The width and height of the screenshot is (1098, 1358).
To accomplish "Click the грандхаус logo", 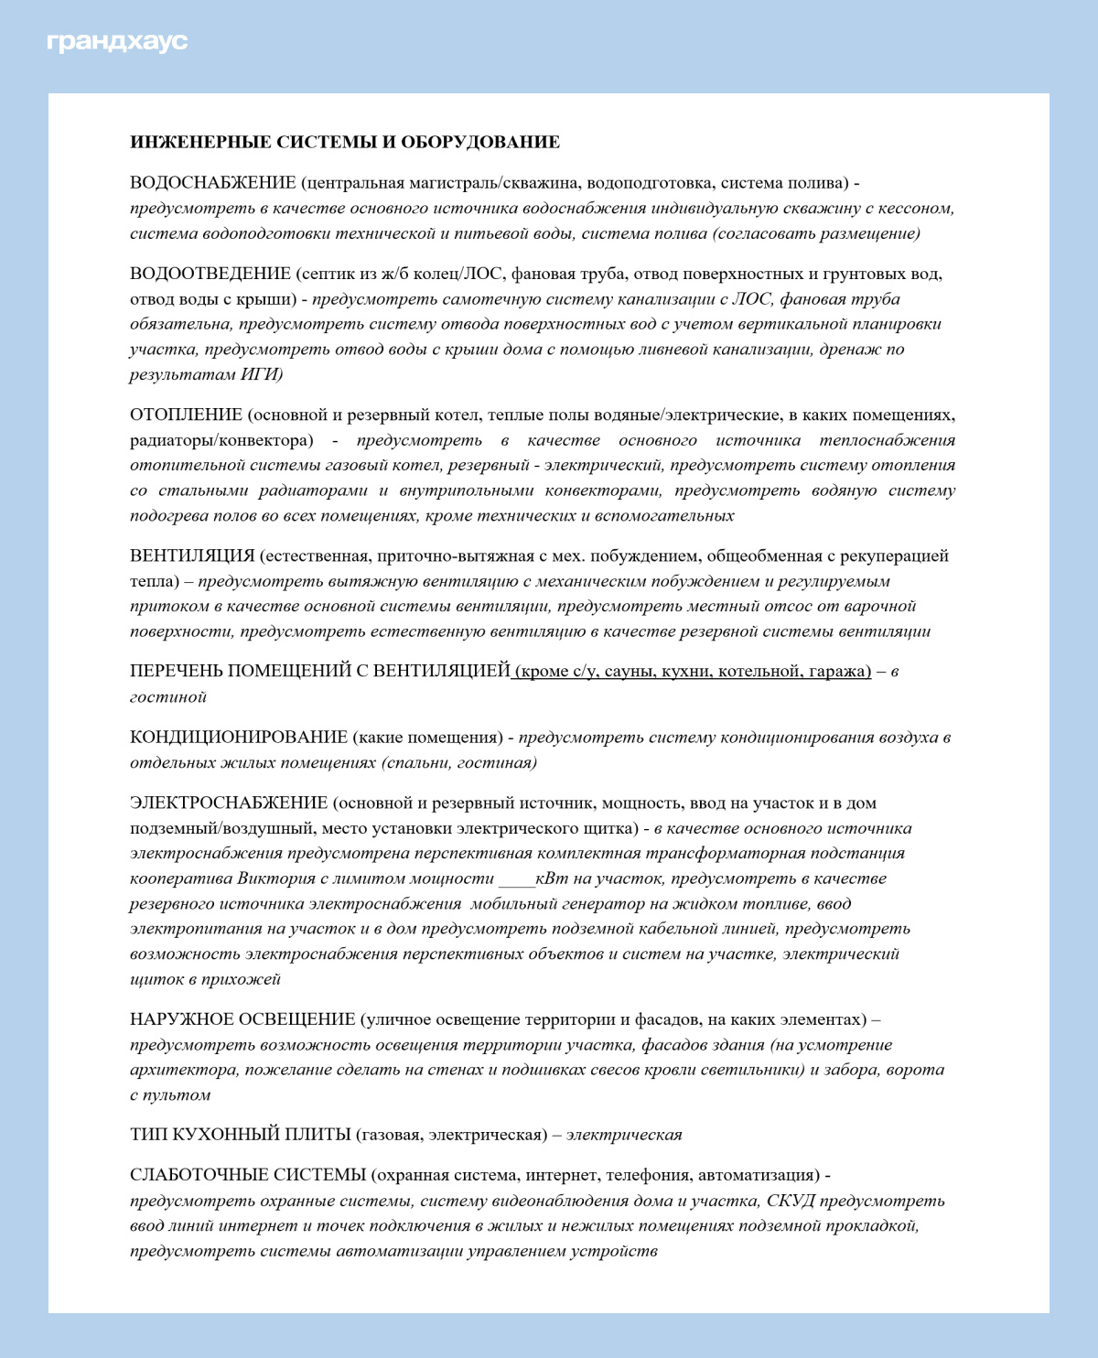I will pos(117,42).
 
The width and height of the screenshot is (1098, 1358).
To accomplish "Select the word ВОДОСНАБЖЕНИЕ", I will pos(213,183).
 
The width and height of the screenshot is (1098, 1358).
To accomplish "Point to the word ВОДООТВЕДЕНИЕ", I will pos(210,274).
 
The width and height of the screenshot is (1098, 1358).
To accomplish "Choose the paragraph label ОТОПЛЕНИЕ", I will pos(186,415).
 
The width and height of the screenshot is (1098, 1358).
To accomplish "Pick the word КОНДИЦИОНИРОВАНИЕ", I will pos(239,738).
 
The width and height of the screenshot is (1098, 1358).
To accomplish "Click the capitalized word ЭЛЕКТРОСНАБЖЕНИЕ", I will pos(229,803).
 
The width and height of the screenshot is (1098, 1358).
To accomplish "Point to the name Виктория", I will pos(275,879).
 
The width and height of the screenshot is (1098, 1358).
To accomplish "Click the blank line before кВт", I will pos(516,879).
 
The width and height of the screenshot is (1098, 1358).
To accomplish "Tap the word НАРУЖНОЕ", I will pos(181,1019).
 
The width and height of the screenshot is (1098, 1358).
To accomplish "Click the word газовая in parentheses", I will pos(391,1136).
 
